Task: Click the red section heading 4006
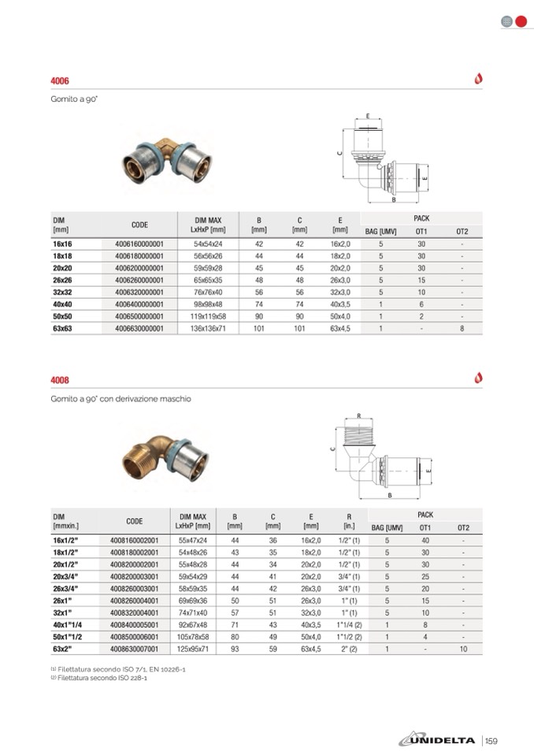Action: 60,81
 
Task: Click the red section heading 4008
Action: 60,380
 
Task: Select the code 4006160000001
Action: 139,244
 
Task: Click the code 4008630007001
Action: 135,649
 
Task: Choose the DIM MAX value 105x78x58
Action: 193,636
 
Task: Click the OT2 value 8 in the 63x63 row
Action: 462,328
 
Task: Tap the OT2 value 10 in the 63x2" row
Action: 463,649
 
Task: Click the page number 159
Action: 492,740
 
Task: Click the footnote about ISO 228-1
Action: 98,676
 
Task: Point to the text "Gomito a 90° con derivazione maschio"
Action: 121,399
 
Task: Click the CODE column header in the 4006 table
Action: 139,225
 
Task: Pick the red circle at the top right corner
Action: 520,21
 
